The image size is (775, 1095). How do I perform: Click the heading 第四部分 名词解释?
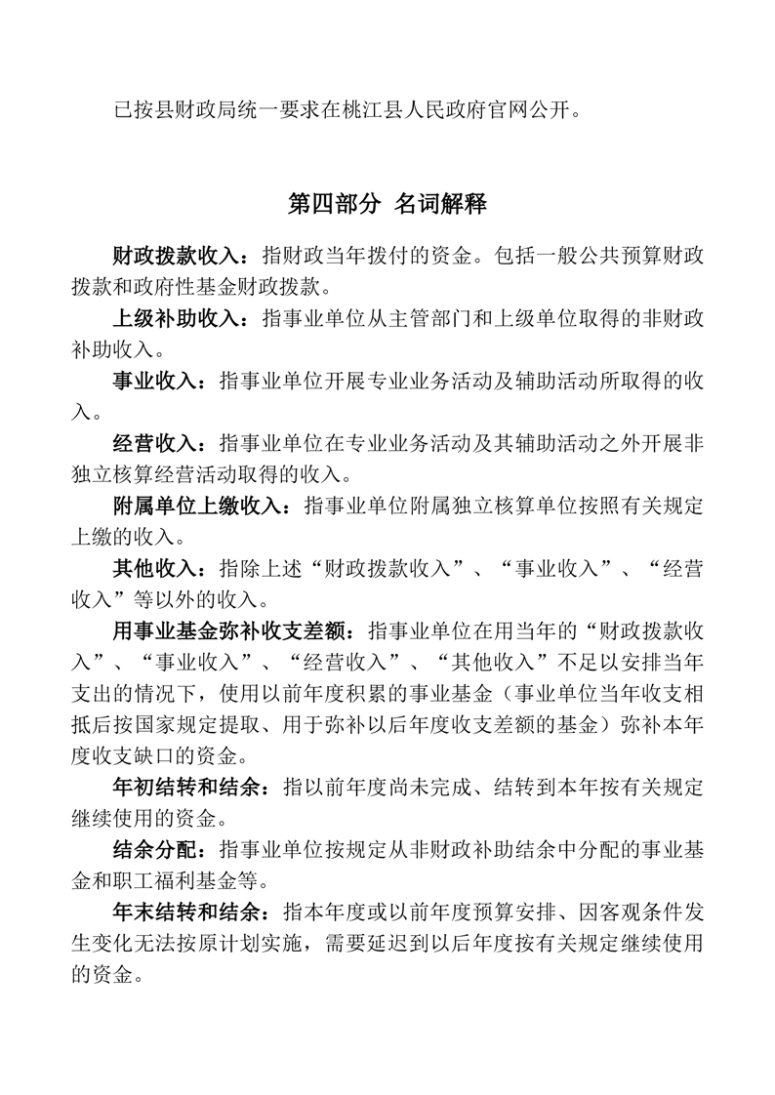[x=387, y=204]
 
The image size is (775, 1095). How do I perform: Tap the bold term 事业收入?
[x=156, y=381]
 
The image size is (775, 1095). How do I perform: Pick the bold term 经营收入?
[x=156, y=444]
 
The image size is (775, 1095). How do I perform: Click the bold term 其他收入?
[x=156, y=568]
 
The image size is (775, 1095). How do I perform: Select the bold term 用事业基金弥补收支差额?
[x=229, y=630]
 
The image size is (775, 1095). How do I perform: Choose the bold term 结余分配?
[x=156, y=849]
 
